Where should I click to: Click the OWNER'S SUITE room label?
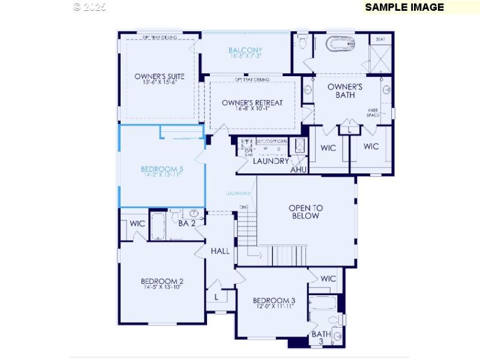point(159,76)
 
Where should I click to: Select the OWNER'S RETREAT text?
point(252,103)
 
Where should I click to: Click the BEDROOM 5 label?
point(162,169)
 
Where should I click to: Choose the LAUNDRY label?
point(271,161)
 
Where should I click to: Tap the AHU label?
point(299,170)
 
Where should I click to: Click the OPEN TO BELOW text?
point(305,212)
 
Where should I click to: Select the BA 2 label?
point(187,223)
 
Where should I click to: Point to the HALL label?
point(220,251)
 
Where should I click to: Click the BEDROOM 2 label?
point(162,281)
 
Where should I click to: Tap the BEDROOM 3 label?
point(274,301)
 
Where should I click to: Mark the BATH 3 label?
point(321,338)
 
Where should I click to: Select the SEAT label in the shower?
point(380,39)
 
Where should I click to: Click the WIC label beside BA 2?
point(138,224)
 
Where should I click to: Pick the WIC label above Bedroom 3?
point(328,279)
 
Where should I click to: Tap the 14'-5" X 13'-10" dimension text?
point(162,287)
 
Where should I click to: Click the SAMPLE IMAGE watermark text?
point(404,7)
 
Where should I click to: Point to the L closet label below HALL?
point(216,296)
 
